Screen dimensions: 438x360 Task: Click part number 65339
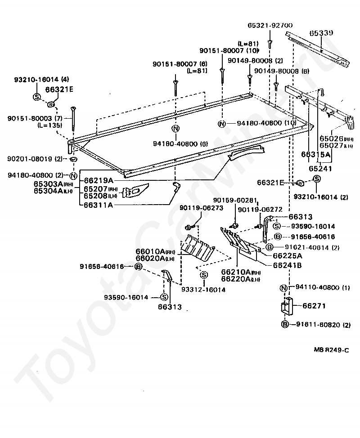[321, 33]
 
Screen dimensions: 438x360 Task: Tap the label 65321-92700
[270, 26]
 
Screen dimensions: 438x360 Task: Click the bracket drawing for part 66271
[285, 308]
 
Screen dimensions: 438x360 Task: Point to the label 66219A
[98, 180]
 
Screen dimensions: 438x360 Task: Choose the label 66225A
[288, 256]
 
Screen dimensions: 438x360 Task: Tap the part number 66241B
[288, 265]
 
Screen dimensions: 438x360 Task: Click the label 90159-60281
[236, 200]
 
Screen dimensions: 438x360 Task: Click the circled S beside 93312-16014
[203, 275]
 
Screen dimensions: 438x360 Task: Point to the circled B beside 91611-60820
[285, 324]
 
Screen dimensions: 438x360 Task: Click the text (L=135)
[50, 125]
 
